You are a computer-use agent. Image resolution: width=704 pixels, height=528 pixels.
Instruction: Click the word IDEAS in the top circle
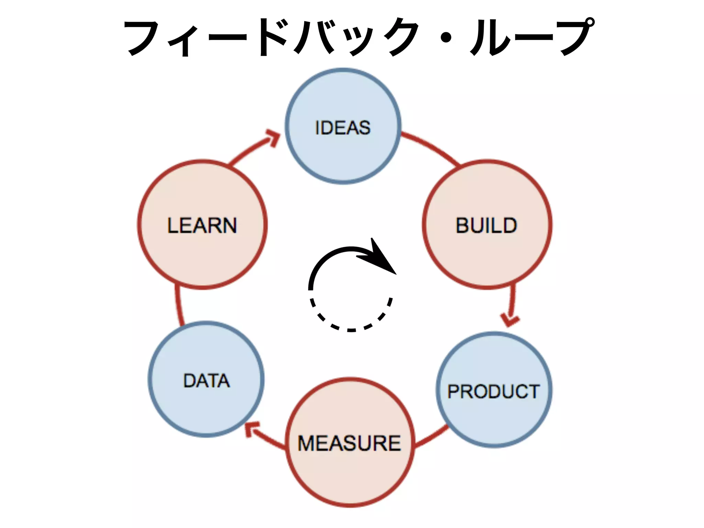(x=343, y=128)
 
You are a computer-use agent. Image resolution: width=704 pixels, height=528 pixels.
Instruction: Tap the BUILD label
(x=486, y=225)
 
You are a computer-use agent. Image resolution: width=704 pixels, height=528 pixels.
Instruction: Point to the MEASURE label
(x=349, y=443)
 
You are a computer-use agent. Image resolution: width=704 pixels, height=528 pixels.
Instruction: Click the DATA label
(x=207, y=381)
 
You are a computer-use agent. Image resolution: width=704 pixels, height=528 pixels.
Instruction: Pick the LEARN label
(x=202, y=225)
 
